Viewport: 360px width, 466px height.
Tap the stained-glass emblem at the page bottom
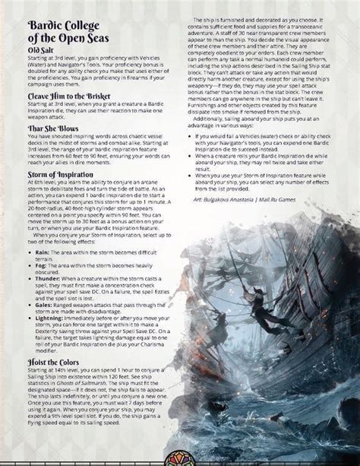tap(180, 455)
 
